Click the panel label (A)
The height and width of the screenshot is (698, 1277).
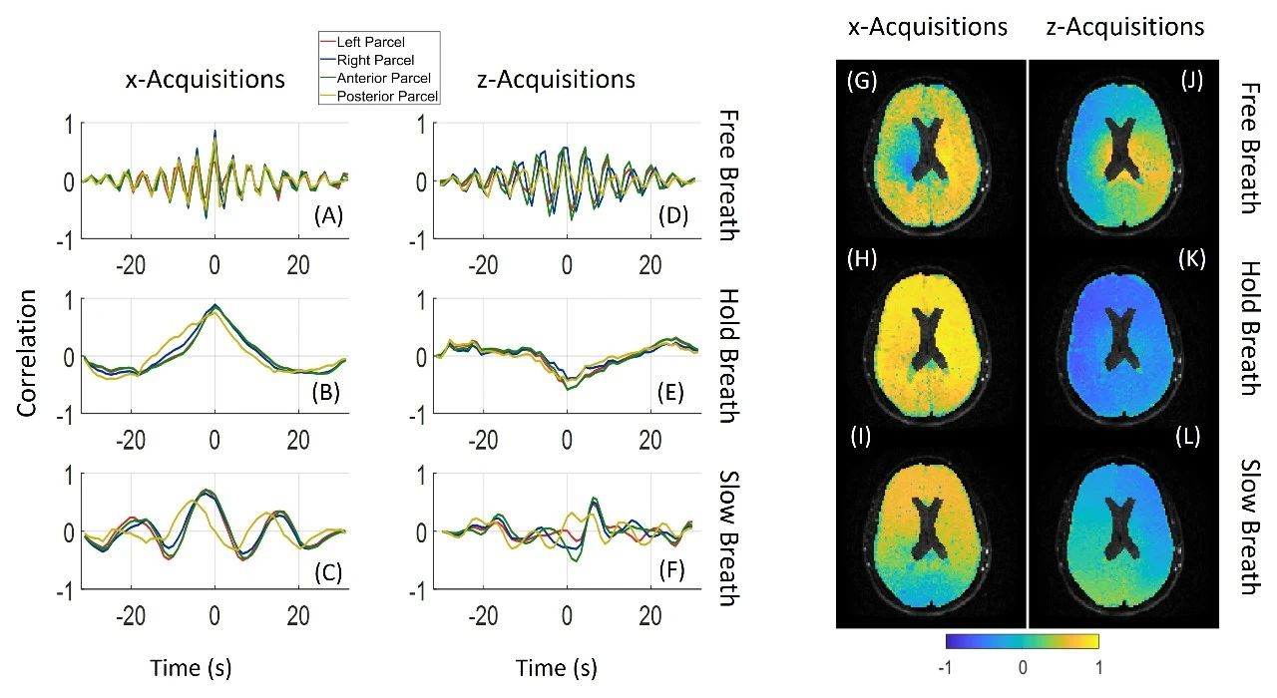328,215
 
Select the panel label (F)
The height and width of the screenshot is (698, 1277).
682,567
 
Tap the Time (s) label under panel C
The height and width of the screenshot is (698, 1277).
191,667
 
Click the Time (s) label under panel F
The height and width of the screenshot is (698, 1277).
557,667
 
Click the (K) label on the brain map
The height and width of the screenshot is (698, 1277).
1191,259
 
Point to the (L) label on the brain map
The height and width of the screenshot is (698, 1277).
1191,437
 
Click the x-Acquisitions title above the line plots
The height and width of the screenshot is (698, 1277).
204,79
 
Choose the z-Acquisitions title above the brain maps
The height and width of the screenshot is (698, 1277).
1124,27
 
